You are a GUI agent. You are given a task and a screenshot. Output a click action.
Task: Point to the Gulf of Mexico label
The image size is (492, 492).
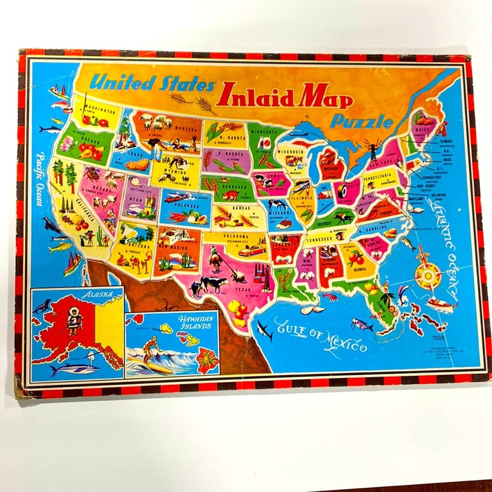tap(320, 335)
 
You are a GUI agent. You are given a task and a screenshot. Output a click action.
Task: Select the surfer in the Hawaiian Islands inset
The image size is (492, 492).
tap(150, 347)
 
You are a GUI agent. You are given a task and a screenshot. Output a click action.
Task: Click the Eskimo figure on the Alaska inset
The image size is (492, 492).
tap(74, 320)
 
